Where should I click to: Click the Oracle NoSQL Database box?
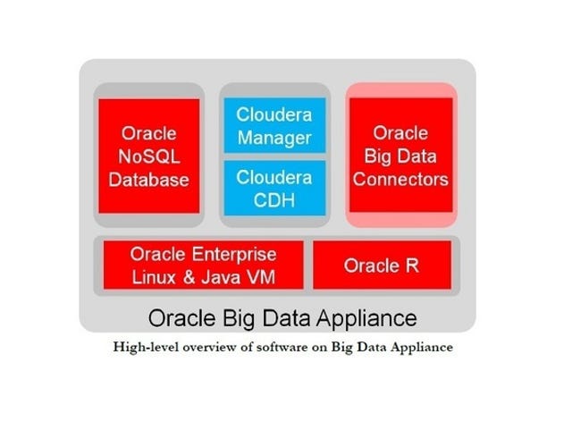(x=149, y=156)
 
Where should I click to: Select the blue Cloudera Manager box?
(x=274, y=125)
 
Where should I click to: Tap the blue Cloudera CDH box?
(x=274, y=188)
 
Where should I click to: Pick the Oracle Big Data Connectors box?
(x=401, y=155)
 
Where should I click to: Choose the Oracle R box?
(x=382, y=265)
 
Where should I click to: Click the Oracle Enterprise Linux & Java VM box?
(x=203, y=265)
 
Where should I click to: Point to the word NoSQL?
(x=149, y=156)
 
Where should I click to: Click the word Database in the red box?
(x=149, y=180)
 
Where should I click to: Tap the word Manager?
(x=274, y=139)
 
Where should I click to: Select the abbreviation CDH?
(x=274, y=200)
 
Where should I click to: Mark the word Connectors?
(x=400, y=179)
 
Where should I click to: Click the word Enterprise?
(x=234, y=255)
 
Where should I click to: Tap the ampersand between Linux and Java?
(x=189, y=277)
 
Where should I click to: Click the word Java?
(x=221, y=277)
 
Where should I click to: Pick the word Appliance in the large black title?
(x=366, y=318)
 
